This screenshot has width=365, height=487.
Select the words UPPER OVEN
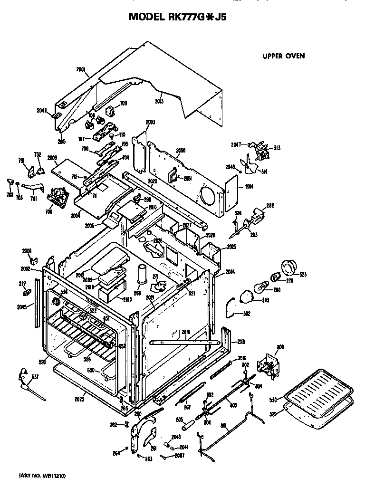pos(284,56)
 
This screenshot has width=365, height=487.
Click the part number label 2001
pos(81,69)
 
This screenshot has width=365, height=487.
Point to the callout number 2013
pos(159,101)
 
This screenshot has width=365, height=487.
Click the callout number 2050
pos(180,151)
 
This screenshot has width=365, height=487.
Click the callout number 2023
pos(79,399)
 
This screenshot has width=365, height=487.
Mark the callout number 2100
pos(127,299)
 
